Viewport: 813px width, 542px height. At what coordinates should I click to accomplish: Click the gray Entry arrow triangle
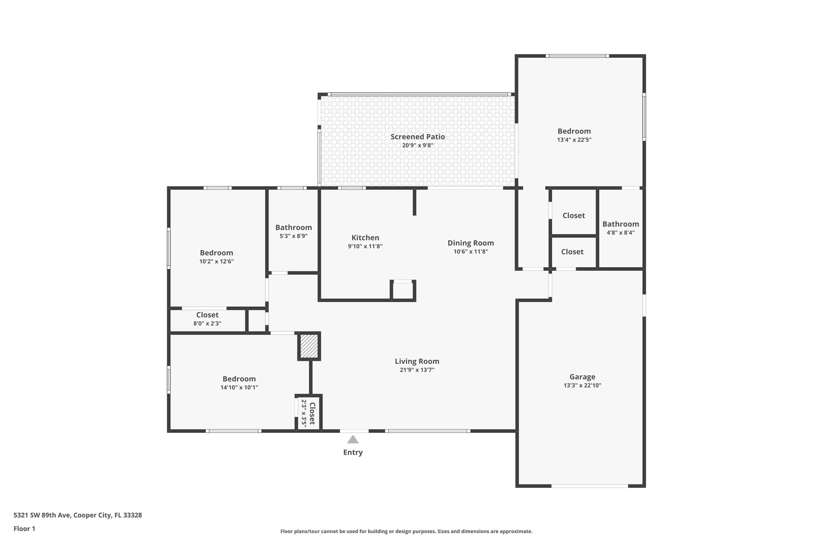(x=353, y=439)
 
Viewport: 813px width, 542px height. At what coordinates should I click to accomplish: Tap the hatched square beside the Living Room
(x=309, y=346)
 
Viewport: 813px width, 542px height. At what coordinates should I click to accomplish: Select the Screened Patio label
(x=418, y=137)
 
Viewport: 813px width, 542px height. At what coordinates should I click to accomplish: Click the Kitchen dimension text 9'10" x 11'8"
(x=365, y=246)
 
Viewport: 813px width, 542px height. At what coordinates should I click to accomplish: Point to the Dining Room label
(x=471, y=243)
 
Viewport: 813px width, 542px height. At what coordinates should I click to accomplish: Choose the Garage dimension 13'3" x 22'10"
(x=582, y=385)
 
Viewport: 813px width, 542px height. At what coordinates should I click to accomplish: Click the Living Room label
(x=417, y=361)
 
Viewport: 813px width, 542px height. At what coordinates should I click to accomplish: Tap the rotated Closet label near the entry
(x=312, y=413)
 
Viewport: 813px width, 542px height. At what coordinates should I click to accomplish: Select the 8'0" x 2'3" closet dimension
(x=207, y=323)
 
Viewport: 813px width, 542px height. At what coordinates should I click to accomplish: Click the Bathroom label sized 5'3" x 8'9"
(x=293, y=228)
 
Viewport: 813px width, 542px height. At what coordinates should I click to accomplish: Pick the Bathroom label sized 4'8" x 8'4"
(x=620, y=224)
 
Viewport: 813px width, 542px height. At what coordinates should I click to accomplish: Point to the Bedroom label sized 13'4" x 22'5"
(x=574, y=131)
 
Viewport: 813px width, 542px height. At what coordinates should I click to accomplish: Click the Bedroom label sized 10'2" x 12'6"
(x=216, y=253)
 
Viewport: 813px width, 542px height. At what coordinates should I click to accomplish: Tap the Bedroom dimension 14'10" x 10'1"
(x=239, y=388)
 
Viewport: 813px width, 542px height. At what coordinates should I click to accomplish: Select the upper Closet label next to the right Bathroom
(x=574, y=216)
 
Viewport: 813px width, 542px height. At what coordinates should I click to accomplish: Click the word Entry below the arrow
(x=353, y=452)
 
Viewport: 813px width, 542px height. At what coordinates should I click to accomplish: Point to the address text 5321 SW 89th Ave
(x=42, y=515)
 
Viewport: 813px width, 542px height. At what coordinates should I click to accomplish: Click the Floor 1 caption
(x=24, y=529)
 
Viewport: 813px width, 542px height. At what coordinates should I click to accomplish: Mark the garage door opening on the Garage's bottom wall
(x=590, y=486)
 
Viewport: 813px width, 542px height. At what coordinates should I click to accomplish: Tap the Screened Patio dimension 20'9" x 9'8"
(x=418, y=145)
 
